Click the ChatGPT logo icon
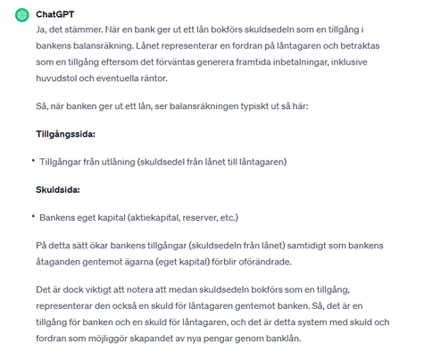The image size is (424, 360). pos(19,15)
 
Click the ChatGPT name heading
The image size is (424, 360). pos(55,15)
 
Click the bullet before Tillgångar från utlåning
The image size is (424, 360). pos(32,162)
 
